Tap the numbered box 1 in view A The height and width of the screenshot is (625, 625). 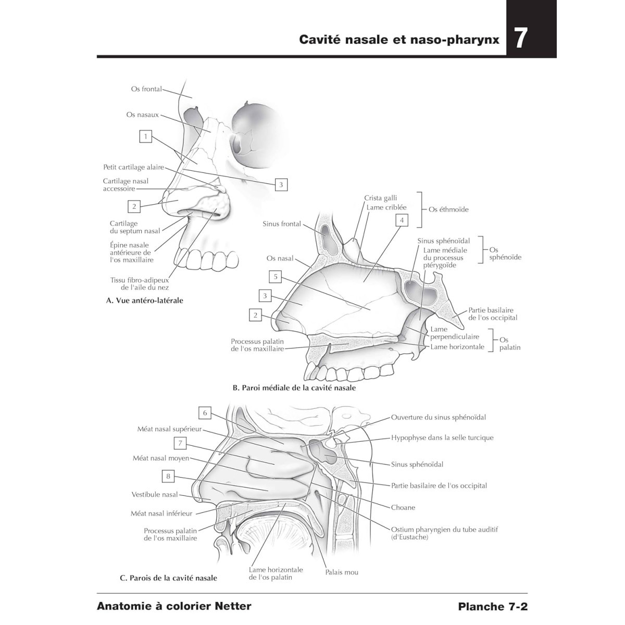146,136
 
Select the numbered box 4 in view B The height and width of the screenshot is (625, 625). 402,220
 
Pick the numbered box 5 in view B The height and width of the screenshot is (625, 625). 276,277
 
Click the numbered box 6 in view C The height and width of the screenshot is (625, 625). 205,413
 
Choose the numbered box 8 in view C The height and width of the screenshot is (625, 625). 168,476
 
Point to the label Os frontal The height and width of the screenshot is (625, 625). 146,89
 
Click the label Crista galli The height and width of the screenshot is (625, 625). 380,198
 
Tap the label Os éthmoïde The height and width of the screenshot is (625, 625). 448,209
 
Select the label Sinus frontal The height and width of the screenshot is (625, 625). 282,224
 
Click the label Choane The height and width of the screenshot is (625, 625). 403,507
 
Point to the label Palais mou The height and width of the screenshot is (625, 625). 342,572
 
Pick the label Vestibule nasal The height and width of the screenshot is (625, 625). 154,494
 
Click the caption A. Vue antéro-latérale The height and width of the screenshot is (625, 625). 144,301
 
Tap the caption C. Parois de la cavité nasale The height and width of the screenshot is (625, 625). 168,578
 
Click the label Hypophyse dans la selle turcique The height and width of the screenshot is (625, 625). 442,438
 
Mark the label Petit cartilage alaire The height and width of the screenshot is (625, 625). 133,167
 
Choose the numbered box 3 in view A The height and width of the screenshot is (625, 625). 281,184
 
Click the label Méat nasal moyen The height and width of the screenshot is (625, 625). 161,458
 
